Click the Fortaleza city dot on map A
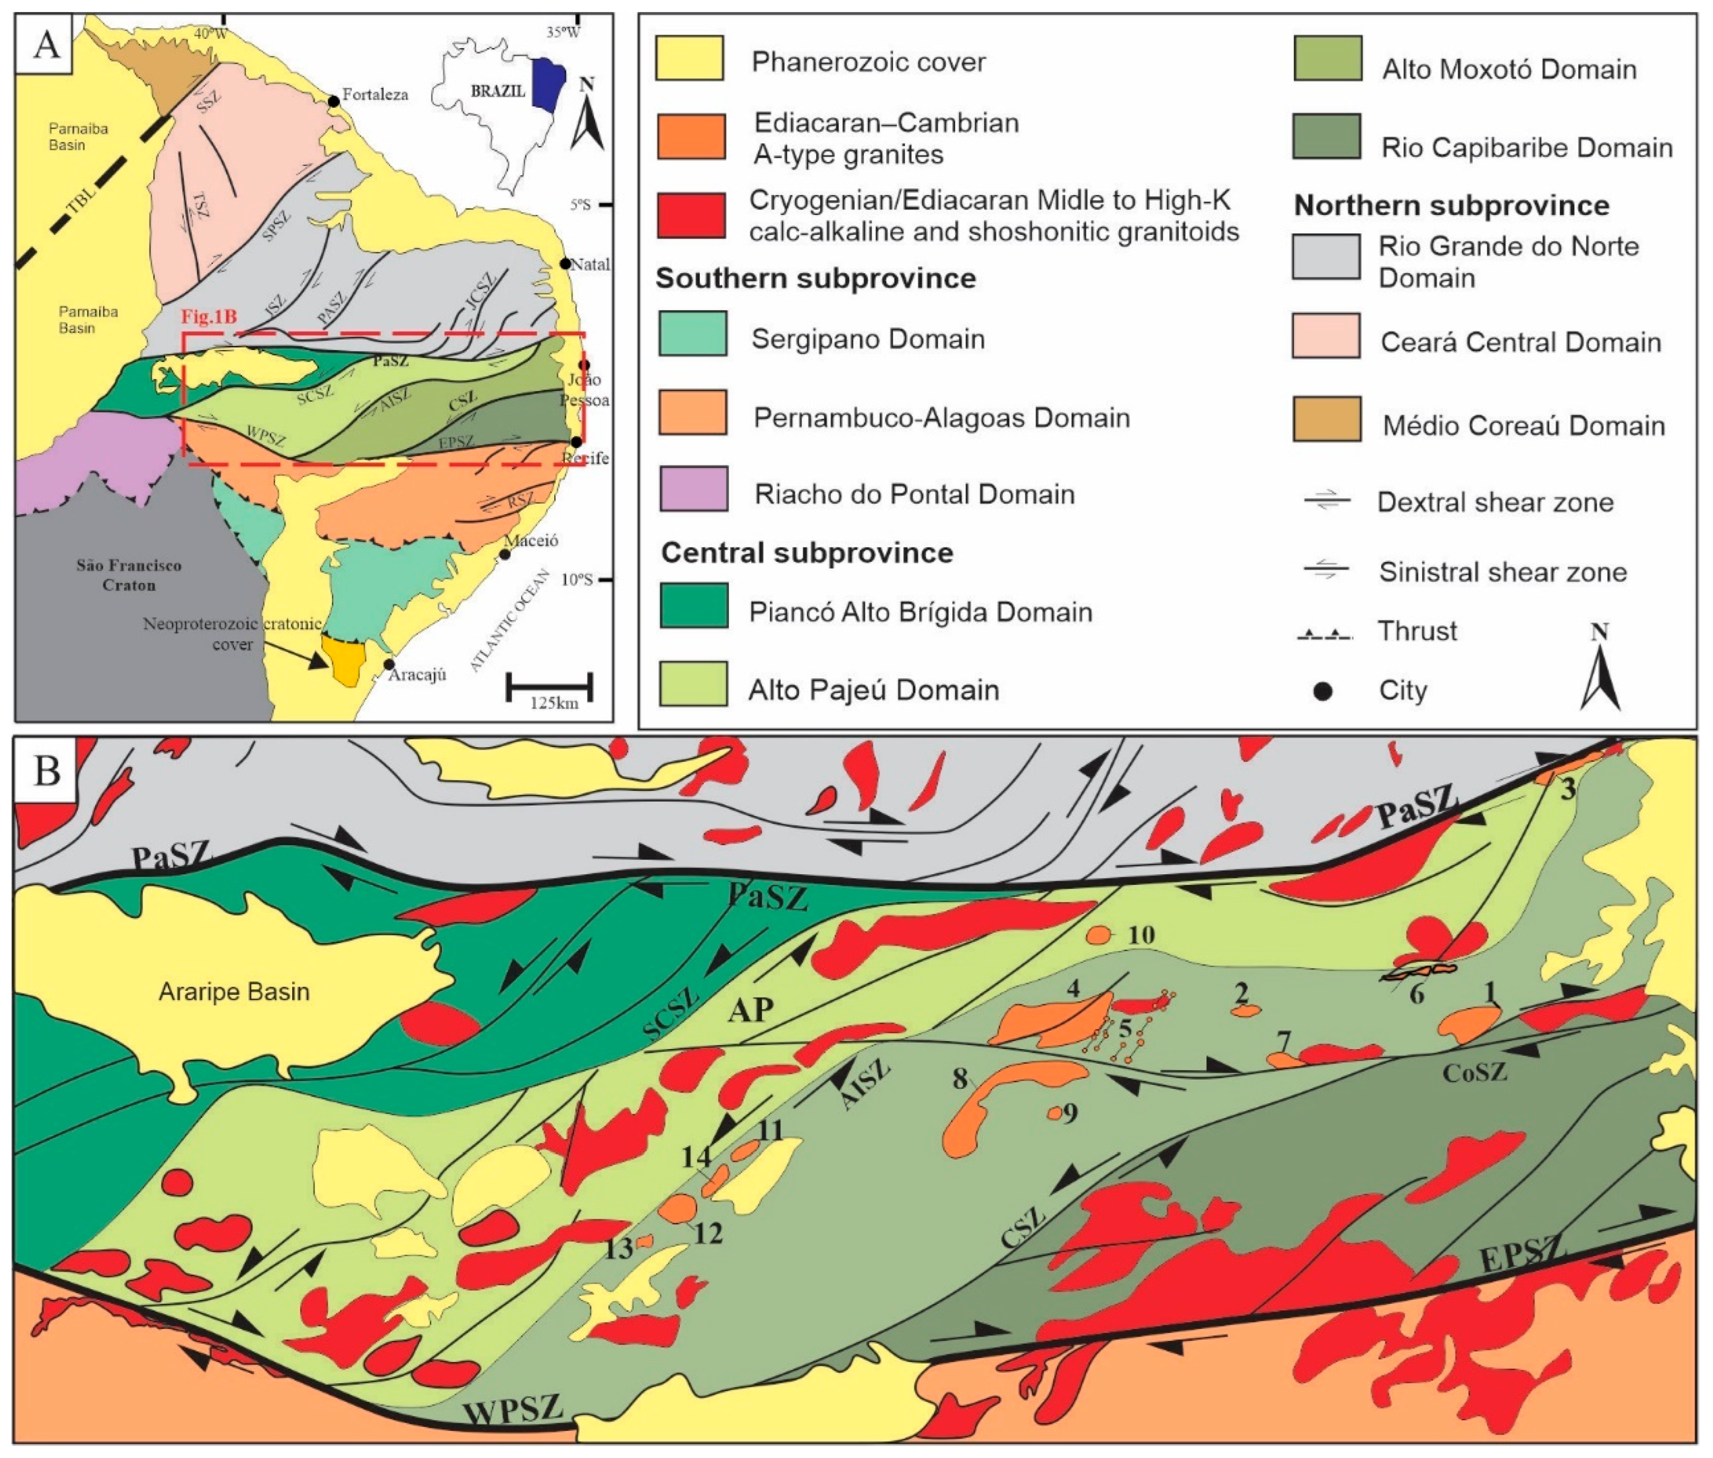[x=333, y=101]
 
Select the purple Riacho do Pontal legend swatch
[x=693, y=489]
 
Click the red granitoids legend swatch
[x=691, y=216]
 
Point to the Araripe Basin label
[x=234, y=991]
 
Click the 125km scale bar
[x=550, y=685]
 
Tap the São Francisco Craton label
[x=129, y=575]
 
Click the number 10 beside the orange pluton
[x=1141, y=935]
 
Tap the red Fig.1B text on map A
[x=209, y=317]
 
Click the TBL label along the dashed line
[x=82, y=200]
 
